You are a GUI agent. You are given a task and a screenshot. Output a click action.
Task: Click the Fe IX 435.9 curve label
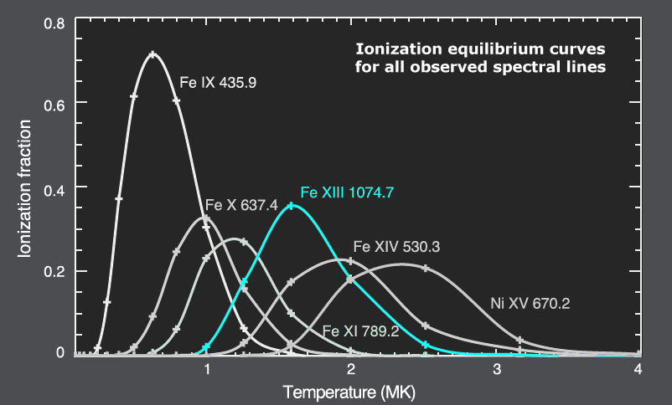(218, 85)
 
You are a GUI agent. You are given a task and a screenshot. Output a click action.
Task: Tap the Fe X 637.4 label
(241, 207)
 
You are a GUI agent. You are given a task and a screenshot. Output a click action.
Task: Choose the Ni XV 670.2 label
(530, 304)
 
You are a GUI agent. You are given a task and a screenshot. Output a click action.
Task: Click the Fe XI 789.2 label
(360, 331)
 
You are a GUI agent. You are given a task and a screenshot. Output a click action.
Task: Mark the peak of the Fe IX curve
(152, 55)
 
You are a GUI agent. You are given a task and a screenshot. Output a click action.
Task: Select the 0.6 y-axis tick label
(54, 103)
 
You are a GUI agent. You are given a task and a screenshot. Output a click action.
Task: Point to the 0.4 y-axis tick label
(54, 187)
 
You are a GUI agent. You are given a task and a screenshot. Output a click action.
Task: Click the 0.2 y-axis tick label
(54, 271)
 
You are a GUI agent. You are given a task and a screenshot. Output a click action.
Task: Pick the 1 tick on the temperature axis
(206, 369)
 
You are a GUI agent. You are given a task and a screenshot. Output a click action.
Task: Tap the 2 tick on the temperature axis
(350, 369)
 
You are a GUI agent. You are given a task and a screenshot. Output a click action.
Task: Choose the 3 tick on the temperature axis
(495, 369)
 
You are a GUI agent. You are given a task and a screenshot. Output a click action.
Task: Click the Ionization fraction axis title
(25, 188)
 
